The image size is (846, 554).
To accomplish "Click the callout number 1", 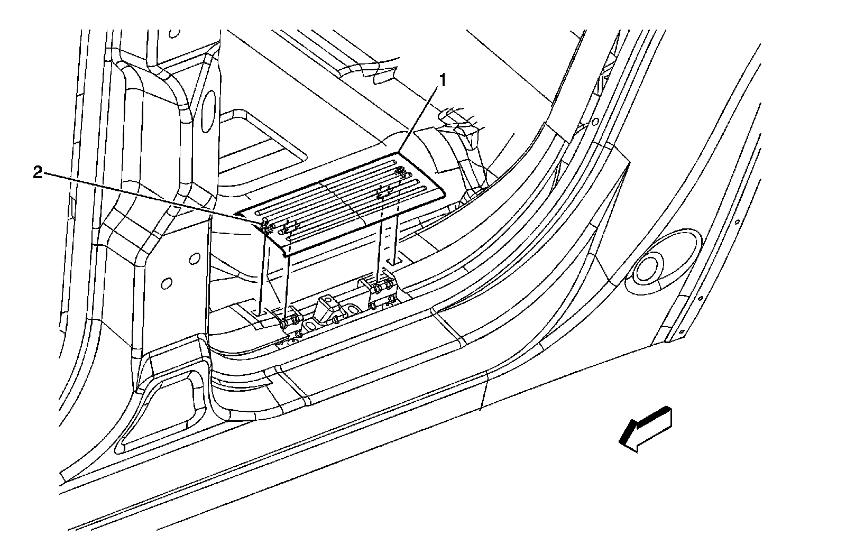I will [443, 80].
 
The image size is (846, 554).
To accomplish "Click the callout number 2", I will [38, 173].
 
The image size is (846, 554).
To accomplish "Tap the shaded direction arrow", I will [646, 428].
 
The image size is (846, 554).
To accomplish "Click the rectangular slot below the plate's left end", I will [259, 313].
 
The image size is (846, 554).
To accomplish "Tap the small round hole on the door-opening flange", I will [595, 122].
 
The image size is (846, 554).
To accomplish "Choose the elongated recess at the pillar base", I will [159, 418].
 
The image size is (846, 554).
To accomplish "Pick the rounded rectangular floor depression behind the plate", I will [264, 143].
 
